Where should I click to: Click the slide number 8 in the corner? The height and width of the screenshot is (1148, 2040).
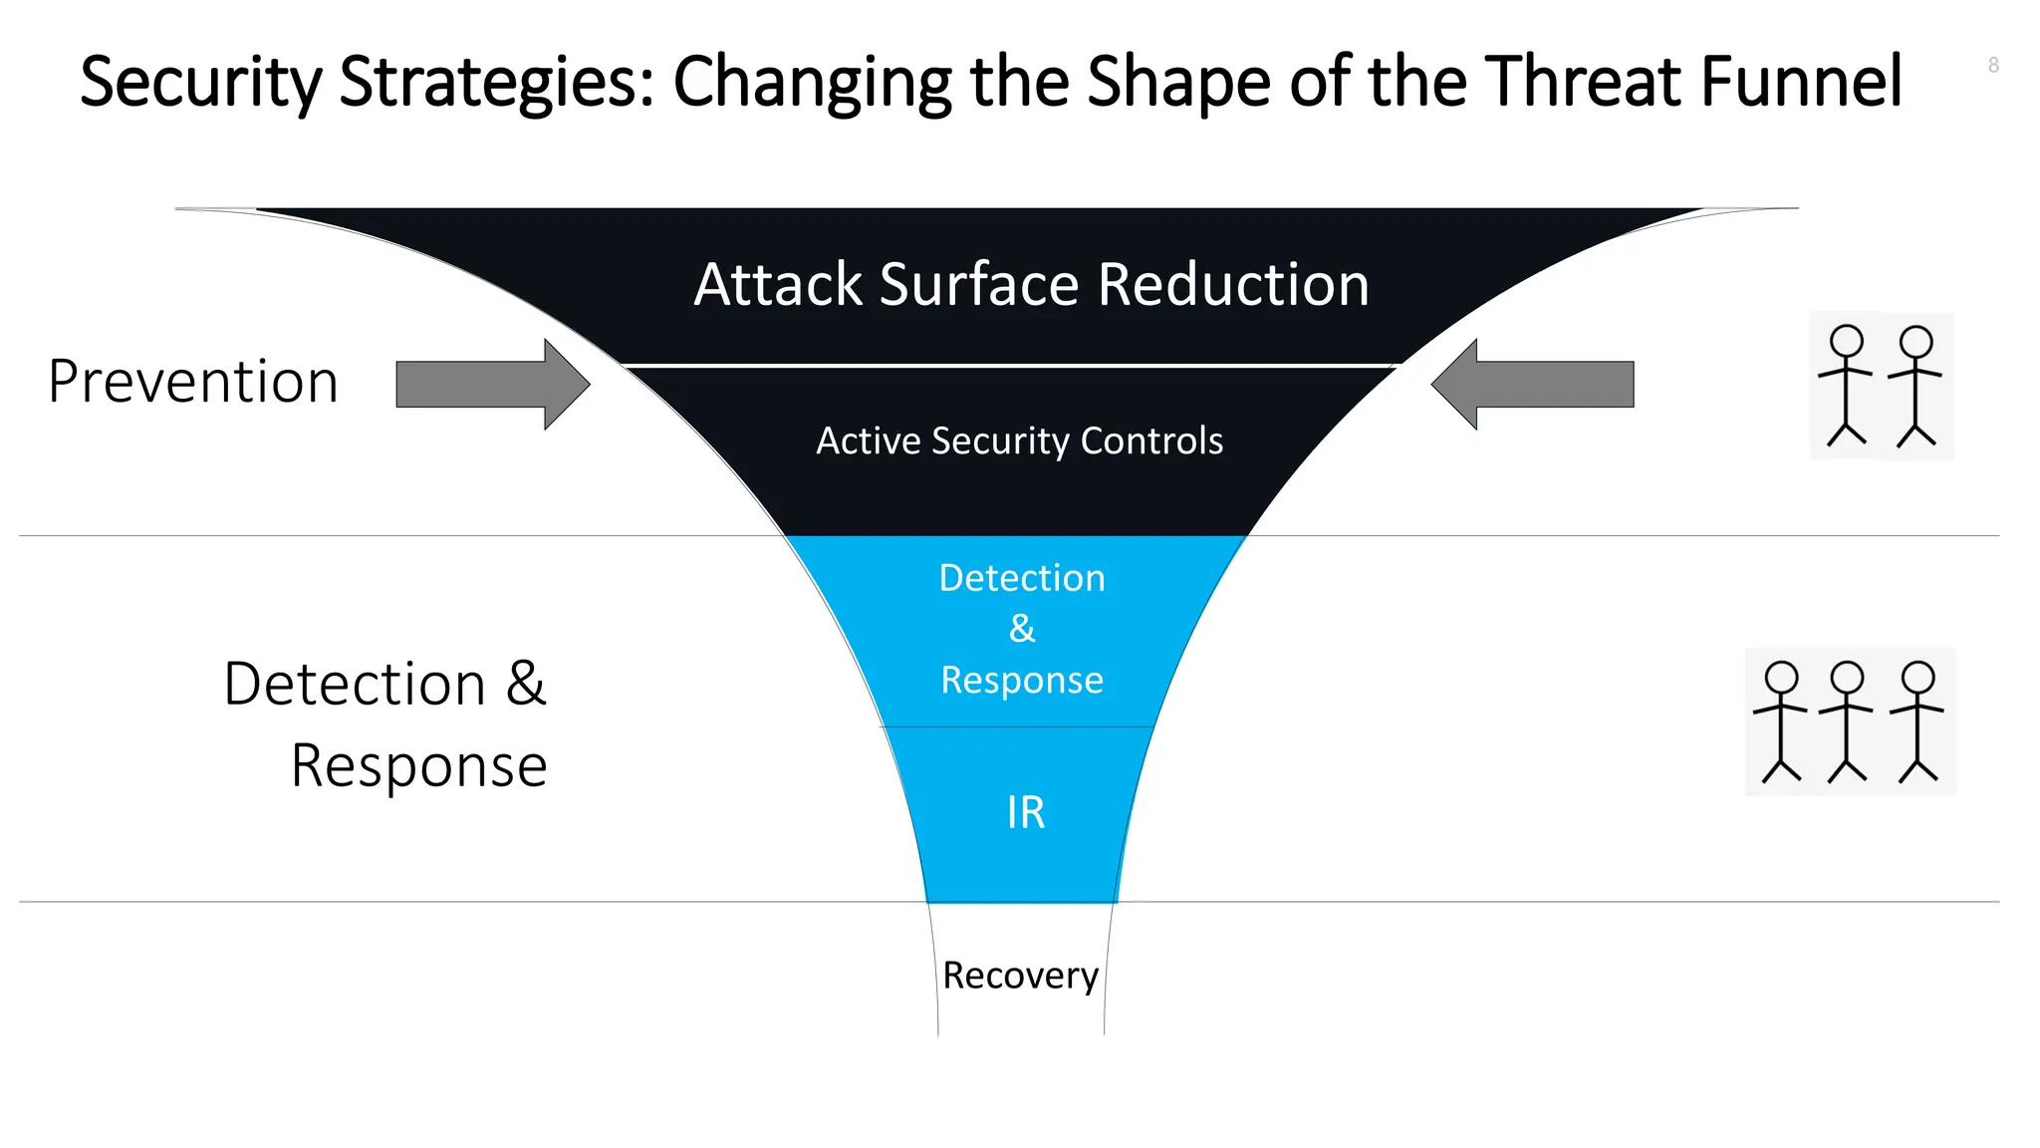[1993, 66]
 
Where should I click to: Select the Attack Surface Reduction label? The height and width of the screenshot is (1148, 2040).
[1031, 285]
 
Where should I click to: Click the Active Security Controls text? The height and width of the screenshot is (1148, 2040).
[1019, 441]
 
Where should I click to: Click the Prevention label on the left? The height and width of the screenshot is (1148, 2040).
[193, 382]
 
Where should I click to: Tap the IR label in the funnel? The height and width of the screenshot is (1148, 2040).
[1025, 812]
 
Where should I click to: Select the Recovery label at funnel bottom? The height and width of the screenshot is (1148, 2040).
[1020, 975]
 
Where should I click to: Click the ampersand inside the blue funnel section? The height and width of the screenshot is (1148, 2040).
[1022, 629]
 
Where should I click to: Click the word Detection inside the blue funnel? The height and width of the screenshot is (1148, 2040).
[1022, 578]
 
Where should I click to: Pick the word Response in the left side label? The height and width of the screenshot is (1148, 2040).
[418, 766]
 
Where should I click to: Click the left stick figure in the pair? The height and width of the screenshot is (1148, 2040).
[1846, 387]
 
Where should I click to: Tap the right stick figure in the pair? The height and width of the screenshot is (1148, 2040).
[1915, 387]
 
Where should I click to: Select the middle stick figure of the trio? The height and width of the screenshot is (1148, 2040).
[1847, 722]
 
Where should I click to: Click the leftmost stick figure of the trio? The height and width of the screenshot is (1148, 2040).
[1781, 722]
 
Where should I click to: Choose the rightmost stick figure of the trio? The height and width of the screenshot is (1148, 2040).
[1917, 722]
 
